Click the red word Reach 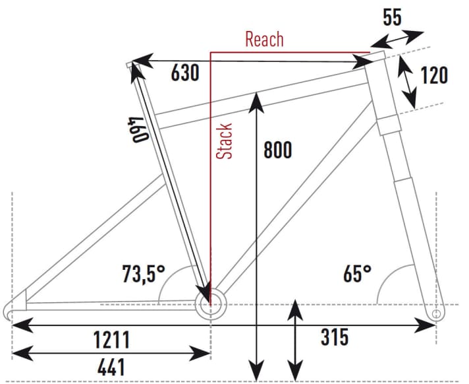click(x=264, y=39)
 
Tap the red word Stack click(x=225, y=141)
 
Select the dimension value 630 click(x=185, y=73)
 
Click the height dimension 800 click(x=277, y=150)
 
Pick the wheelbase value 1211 click(x=111, y=340)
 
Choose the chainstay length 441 click(x=111, y=368)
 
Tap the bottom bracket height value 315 click(x=335, y=336)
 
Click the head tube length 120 click(x=434, y=75)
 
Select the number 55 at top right click(x=392, y=17)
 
